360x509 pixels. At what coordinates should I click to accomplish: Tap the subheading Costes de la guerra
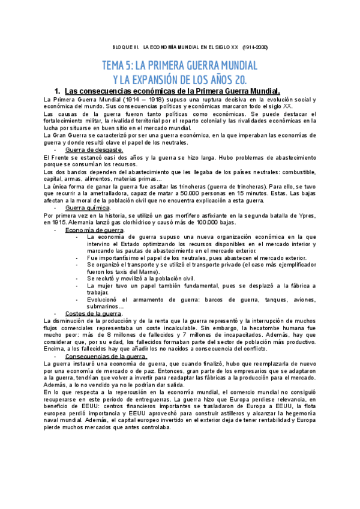94,313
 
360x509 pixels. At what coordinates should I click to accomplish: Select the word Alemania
80,222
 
